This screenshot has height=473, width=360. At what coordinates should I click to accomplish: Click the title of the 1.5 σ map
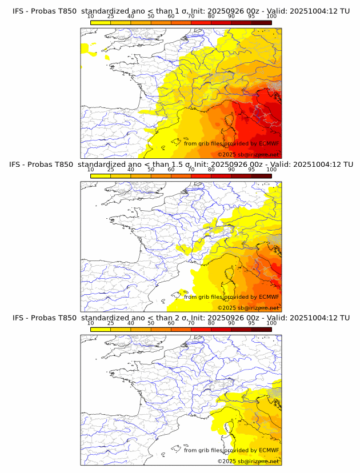[x=181, y=165]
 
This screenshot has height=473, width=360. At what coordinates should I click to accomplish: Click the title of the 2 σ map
[x=181, y=318]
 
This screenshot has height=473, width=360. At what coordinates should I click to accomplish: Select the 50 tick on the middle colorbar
[x=151, y=170]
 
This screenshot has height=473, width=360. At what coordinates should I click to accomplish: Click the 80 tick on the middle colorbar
[x=211, y=170]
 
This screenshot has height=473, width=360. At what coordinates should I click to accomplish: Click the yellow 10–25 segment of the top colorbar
[x=101, y=23]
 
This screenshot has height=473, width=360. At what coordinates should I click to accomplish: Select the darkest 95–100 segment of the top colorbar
[x=262, y=23]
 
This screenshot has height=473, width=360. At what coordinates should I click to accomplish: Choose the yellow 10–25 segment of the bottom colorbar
[x=101, y=330]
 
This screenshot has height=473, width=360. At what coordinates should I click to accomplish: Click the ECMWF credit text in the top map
[x=231, y=144]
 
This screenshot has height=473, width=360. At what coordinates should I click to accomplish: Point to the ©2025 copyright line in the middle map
[x=249, y=307]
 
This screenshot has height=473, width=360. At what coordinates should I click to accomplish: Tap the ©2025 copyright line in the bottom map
[x=249, y=461]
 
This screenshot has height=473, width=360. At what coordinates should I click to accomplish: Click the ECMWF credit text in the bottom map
[x=231, y=450]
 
